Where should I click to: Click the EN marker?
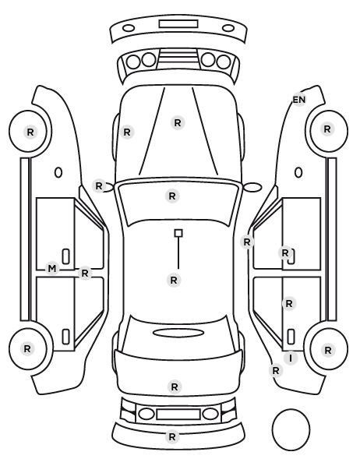[299, 100]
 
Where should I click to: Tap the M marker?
[52, 269]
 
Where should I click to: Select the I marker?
[291, 358]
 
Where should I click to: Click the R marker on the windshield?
[172, 196]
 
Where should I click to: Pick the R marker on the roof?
[174, 280]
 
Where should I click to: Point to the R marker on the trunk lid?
[175, 387]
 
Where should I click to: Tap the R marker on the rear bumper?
[172, 437]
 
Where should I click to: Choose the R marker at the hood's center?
[178, 123]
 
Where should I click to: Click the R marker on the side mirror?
[99, 186]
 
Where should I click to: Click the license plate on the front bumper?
[178, 24]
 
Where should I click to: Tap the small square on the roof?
[178, 233]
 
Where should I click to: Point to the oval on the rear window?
[178, 333]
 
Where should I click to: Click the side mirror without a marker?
[253, 187]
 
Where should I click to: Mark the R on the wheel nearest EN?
[327, 129]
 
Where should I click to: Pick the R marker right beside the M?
[85, 273]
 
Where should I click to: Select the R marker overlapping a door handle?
[285, 253]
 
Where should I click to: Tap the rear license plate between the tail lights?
[178, 414]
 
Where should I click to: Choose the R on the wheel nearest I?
[328, 351]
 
